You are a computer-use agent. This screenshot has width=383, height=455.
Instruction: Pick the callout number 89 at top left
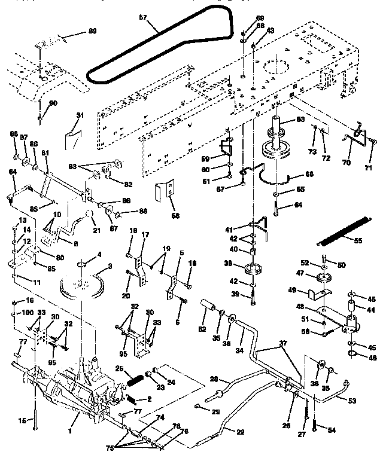[x=92, y=30]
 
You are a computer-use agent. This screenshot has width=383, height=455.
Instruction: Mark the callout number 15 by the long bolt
[x=23, y=421]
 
